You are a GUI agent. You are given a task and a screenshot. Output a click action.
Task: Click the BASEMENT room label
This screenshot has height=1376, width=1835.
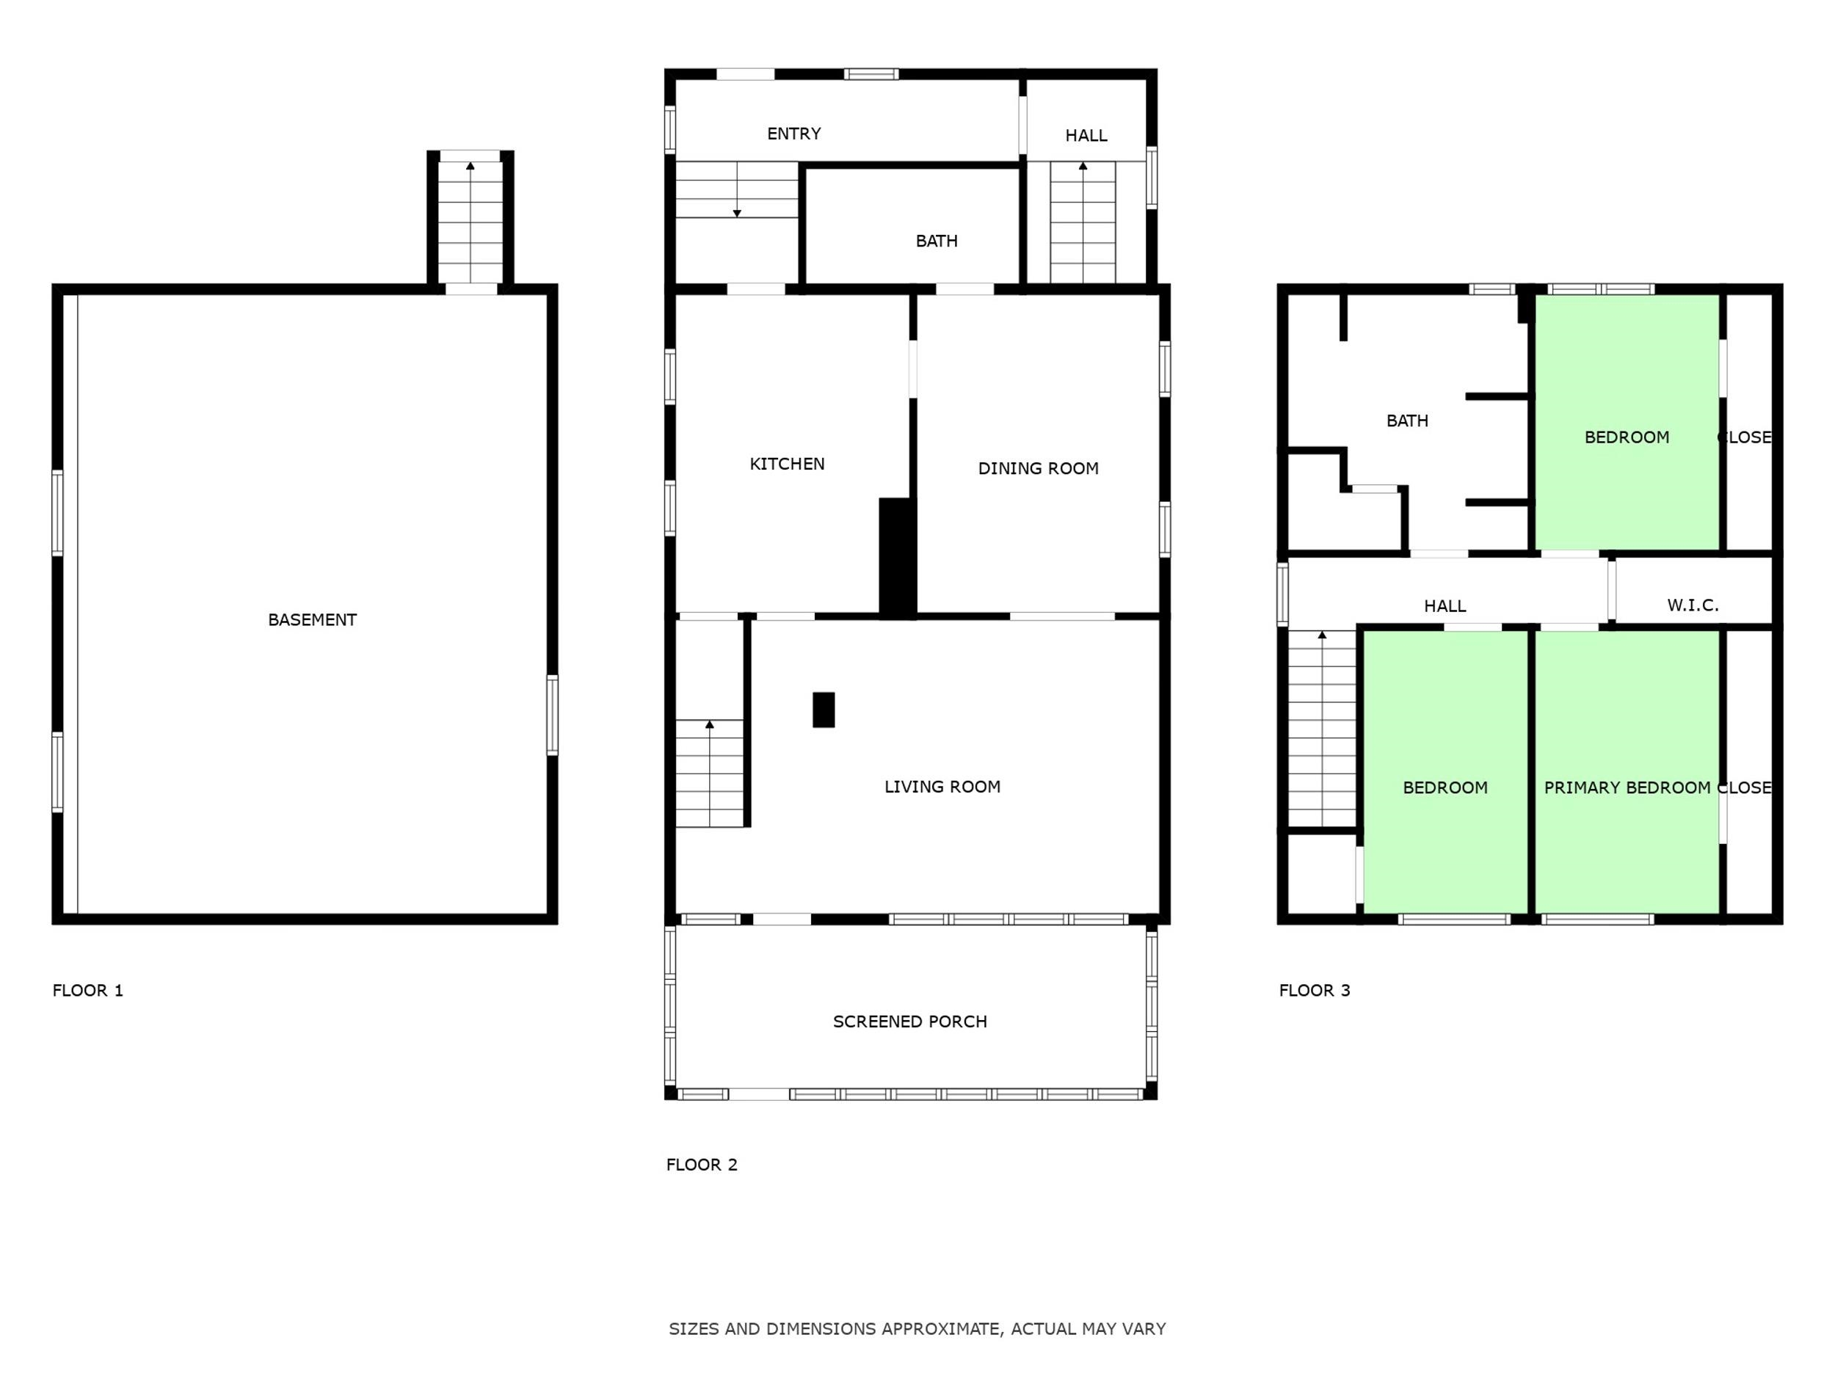tap(312, 619)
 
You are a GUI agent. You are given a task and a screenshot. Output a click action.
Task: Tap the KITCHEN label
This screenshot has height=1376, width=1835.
tap(788, 464)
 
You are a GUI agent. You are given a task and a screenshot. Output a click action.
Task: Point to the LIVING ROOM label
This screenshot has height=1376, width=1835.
tap(942, 786)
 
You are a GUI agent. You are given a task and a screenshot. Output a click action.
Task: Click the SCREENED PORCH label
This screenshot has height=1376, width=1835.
tap(910, 1022)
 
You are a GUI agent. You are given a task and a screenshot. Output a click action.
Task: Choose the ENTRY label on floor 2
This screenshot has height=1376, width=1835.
tap(794, 134)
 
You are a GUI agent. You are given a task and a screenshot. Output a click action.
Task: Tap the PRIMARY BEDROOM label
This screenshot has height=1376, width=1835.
tap(1627, 788)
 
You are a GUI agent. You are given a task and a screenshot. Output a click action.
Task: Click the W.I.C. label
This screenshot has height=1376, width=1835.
tap(1693, 605)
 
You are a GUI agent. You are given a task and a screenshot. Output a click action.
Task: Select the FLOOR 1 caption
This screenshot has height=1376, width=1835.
tap(88, 990)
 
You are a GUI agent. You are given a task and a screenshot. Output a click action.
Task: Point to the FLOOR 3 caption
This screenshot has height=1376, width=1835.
tap(1315, 990)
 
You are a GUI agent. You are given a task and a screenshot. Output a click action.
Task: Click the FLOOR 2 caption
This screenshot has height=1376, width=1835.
tap(702, 1165)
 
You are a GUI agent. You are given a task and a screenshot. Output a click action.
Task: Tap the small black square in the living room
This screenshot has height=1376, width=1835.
tap(824, 710)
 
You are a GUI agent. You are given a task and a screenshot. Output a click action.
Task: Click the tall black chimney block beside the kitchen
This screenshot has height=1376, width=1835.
tap(898, 558)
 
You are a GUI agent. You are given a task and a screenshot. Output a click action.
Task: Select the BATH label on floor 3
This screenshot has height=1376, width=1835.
tap(1408, 421)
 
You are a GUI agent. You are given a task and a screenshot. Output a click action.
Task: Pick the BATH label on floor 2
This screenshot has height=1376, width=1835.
tap(937, 241)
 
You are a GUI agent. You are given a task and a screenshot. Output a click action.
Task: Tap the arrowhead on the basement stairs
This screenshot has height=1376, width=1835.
tap(470, 166)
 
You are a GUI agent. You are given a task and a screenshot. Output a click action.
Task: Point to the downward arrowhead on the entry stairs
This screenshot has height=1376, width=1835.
tap(737, 213)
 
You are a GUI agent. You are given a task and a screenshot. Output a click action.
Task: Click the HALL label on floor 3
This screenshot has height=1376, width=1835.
tap(1445, 606)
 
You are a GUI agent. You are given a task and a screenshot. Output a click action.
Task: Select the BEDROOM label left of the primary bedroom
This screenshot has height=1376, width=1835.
tap(1445, 788)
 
